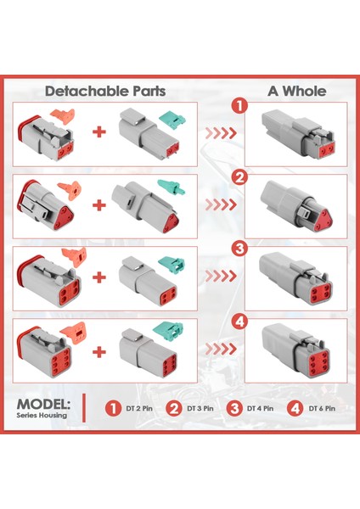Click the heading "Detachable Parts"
(x=105, y=90)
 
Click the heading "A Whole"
(x=296, y=90)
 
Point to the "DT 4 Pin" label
(x=261, y=408)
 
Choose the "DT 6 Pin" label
(x=322, y=408)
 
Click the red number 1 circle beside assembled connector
(x=241, y=106)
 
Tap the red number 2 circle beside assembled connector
(x=241, y=177)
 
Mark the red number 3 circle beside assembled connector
(x=241, y=249)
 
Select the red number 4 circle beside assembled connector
(x=241, y=321)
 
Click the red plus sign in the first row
(x=100, y=131)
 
